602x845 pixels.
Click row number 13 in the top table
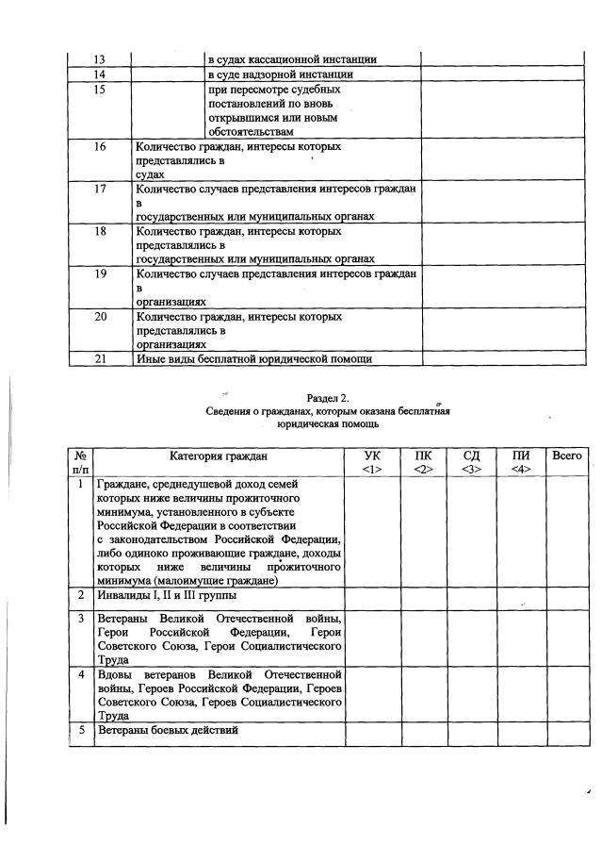click(99, 59)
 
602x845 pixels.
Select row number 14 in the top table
click(99, 75)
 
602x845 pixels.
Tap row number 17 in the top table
click(100, 190)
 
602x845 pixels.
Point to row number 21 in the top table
click(100, 358)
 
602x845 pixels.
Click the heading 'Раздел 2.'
click(328, 399)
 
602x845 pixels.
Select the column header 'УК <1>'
click(372, 462)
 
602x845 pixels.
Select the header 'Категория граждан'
click(219, 456)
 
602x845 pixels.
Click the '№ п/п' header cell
click(82, 462)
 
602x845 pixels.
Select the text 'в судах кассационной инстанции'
click(292, 59)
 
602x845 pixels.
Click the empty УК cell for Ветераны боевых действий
click(372, 733)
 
